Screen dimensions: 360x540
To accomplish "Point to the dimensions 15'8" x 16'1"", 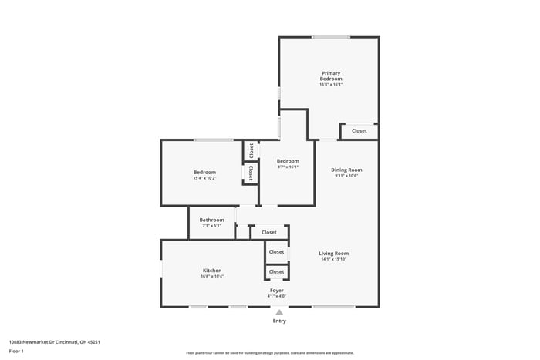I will tap(331, 85).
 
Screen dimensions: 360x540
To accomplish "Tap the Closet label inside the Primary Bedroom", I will tap(359, 131).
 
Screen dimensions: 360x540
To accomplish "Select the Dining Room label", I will tap(346, 170).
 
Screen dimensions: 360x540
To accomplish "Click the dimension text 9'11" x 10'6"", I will tap(346, 176).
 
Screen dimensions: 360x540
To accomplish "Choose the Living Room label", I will tap(334, 253).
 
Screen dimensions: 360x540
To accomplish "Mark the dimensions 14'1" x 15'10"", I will tap(334, 259).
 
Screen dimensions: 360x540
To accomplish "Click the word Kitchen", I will tap(212, 271).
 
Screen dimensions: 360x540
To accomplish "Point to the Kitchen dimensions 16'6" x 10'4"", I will tap(212, 277).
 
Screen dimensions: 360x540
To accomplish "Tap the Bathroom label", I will tap(211, 220).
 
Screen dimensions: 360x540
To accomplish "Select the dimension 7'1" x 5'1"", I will tap(211, 226).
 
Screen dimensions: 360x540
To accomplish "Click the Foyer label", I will tap(276, 291).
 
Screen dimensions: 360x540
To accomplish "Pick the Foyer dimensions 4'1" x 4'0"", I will tap(276, 297).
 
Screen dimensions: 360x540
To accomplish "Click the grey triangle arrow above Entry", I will tap(279, 312).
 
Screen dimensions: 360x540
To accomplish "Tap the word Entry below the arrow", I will tap(279, 321).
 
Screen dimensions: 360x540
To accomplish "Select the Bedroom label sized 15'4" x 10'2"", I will tap(204, 172).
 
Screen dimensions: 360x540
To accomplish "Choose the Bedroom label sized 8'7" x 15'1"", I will tap(288, 160).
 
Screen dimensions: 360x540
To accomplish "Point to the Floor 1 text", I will tap(16, 351).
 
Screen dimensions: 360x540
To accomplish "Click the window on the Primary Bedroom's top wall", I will tap(331, 37).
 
